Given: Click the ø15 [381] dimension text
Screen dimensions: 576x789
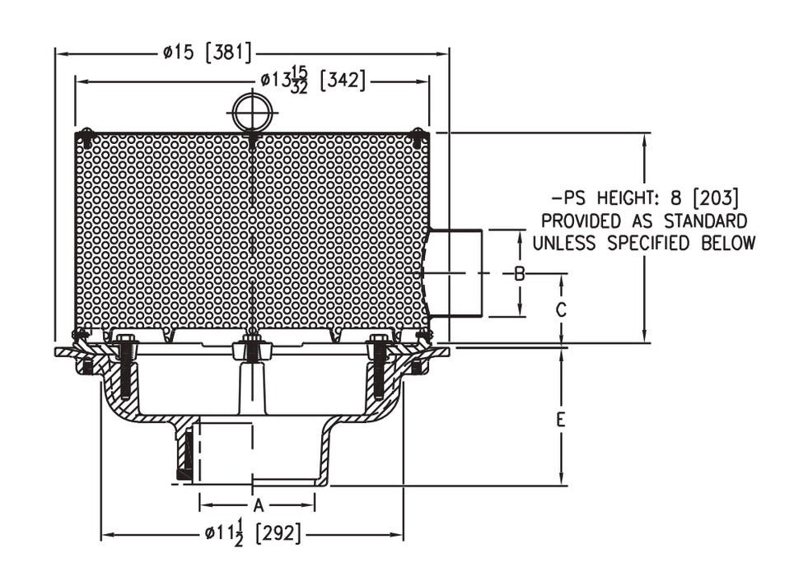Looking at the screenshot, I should [207, 53].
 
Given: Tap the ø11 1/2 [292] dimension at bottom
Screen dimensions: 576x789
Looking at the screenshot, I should [253, 535].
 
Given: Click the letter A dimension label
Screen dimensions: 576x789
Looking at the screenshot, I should [258, 504].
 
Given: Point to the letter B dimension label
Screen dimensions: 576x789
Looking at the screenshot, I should [520, 274].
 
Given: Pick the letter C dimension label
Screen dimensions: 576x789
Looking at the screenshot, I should [561, 310].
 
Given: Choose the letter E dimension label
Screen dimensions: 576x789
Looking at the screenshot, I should [561, 420].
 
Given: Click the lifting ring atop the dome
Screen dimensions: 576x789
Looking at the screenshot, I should [252, 111].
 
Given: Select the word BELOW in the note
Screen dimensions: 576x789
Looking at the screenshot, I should [727, 243].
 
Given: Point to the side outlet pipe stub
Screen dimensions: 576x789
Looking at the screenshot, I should [455, 273].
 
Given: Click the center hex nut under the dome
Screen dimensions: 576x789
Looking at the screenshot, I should [252, 349].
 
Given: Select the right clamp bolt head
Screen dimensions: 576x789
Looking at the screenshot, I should [379, 339].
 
